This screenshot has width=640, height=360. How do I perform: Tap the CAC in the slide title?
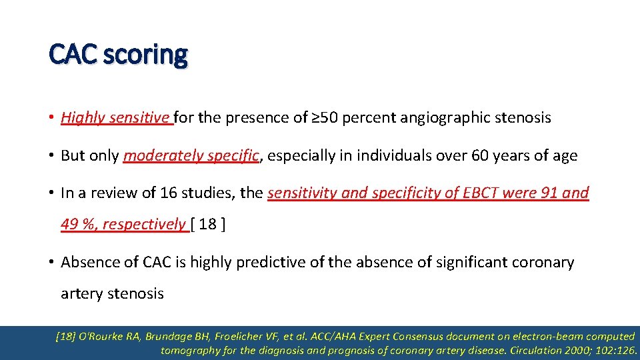coord(71,55)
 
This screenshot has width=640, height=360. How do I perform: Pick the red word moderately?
coord(163,156)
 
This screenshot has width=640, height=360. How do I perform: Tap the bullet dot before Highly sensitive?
coord(51,118)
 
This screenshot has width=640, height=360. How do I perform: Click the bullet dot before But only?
coord(51,156)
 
